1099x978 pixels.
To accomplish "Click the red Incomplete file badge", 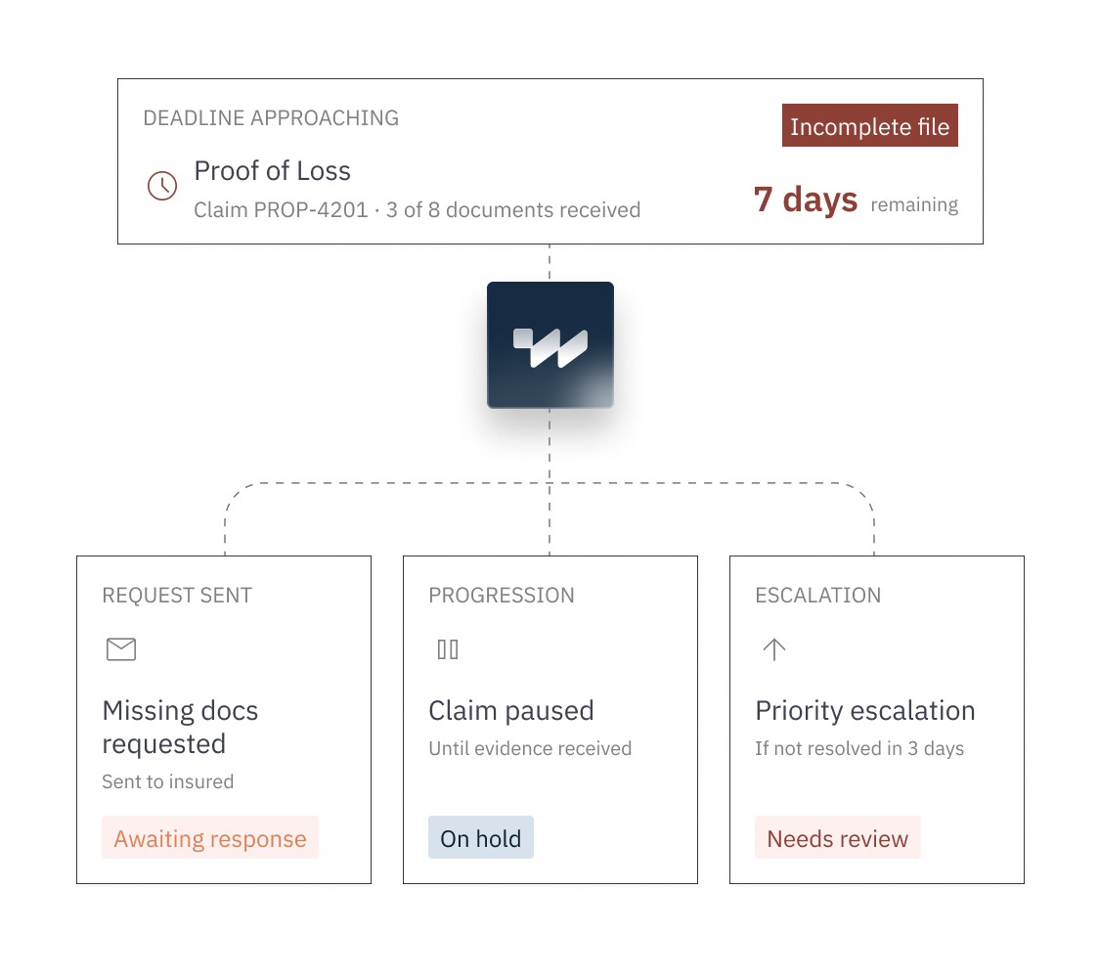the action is [x=869, y=125].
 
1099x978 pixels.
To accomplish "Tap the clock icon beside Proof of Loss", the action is [x=162, y=186].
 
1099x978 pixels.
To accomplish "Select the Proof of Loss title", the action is [x=272, y=170].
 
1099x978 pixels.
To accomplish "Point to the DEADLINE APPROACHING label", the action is [x=271, y=117].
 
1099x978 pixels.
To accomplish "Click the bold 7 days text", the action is [x=806, y=200].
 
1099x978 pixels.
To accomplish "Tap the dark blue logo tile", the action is [x=550, y=345].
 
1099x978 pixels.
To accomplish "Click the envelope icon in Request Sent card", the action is [x=121, y=649].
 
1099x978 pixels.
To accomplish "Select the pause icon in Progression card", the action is [x=448, y=649].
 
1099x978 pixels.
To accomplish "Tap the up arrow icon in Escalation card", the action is [x=773, y=649].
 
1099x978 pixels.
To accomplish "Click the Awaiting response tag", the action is [x=210, y=838].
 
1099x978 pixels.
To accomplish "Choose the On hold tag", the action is [x=481, y=838].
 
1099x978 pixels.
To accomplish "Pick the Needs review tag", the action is [x=838, y=838].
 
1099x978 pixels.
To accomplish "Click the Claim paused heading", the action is [x=511, y=711].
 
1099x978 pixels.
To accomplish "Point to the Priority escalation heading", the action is [x=865, y=711].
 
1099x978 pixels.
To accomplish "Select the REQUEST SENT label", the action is [x=177, y=596].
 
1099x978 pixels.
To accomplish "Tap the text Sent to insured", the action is [x=167, y=781].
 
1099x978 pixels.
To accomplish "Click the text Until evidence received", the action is [x=530, y=749].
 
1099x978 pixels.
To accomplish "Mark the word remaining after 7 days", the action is [x=914, y=204].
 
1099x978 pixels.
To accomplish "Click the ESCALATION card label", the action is [x=818, y=596].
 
